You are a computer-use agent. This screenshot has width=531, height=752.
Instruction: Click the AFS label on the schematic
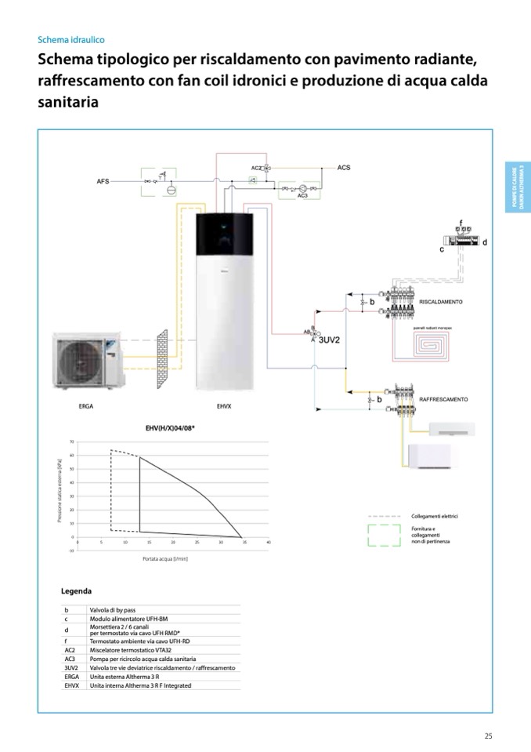pos(103,181)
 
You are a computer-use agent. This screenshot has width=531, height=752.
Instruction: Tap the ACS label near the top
pos(344,168)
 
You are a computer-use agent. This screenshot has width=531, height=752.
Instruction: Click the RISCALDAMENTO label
pos(441,302)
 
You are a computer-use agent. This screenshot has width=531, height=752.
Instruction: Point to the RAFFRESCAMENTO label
pos(443,399)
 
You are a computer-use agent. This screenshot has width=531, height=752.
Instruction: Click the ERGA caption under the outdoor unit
pos(86,407)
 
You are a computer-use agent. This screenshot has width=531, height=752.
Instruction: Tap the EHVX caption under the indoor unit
pos(223,407)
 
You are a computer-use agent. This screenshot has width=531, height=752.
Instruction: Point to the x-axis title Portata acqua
pos(165,559)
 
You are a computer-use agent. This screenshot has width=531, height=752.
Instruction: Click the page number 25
pos(488,736)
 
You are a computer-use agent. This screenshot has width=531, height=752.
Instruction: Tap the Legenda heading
pos(77,590)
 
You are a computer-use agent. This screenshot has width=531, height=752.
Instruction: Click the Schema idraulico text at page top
pos(71,39)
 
